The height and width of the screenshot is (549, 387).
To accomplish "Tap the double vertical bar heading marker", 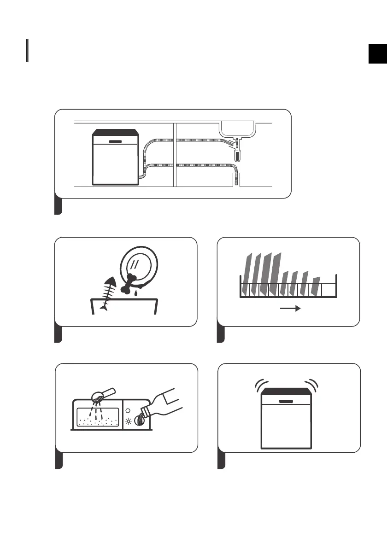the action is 28,51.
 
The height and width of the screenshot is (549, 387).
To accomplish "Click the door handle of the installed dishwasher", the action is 115,140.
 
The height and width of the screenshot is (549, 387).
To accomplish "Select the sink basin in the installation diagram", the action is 237,128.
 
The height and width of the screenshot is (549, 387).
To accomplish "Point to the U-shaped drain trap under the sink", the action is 237,154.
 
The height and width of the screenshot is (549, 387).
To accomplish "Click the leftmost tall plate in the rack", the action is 249,274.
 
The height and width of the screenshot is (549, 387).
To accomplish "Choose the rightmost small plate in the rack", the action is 316,286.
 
